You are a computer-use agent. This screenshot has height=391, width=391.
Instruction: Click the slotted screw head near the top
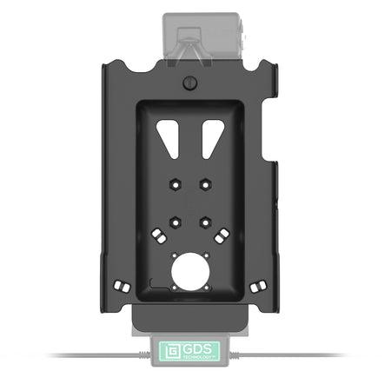pos(190,83)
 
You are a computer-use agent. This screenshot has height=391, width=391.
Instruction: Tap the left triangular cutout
pos(169,137)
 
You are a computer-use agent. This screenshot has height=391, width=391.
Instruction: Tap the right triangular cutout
pos(212,137)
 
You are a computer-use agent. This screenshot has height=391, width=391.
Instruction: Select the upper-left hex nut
pos(176,184)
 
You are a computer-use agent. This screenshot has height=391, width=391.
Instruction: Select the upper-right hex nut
pos(205,184)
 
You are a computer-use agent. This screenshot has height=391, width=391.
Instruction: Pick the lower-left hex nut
pos(176,222)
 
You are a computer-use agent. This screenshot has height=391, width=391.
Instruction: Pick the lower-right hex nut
pos(205,222)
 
